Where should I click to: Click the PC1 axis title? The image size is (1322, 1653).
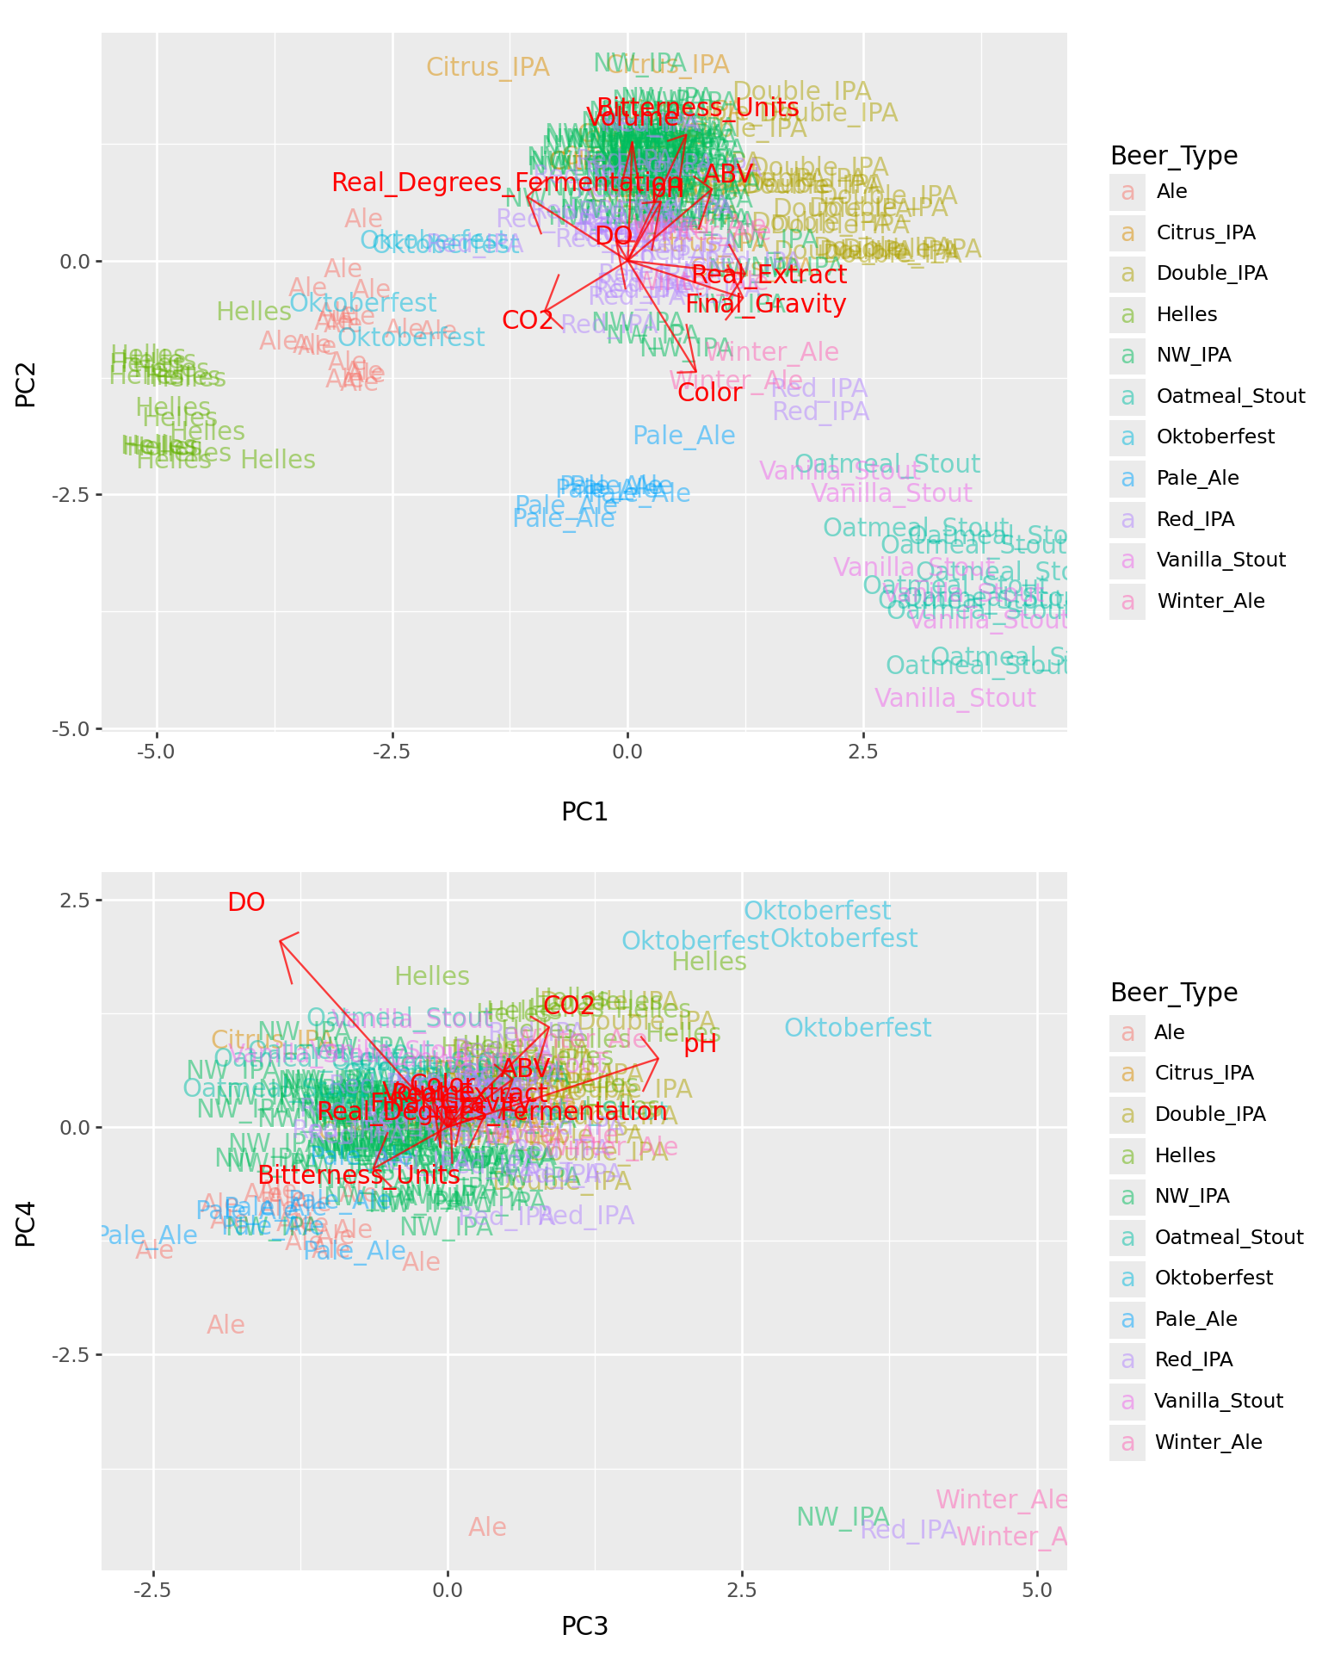584,811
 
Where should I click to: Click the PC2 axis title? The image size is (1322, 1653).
26,384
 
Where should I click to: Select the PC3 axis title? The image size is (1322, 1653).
584,1626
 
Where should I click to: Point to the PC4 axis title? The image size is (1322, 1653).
26,1223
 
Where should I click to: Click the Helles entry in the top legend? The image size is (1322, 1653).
1186,314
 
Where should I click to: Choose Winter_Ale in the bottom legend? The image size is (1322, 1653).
1208,1442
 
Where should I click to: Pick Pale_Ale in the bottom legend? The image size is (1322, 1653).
1195,1319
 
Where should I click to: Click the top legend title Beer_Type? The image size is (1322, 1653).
1174,156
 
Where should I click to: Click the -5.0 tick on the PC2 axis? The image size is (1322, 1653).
72,729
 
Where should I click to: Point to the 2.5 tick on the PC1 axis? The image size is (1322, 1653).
862,752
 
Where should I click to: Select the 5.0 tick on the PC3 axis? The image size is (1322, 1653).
1038,1589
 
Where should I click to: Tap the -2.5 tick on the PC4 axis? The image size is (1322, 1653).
72,1354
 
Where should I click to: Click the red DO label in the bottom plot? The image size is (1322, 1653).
246,902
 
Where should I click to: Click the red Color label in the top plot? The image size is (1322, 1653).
709,393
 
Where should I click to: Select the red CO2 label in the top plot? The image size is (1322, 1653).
528,320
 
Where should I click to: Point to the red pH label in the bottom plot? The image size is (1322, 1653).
700,1044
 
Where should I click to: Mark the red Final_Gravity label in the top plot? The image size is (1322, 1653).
765,304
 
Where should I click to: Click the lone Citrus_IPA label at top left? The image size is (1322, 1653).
487,67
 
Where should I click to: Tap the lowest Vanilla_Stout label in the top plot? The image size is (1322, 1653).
954,698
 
